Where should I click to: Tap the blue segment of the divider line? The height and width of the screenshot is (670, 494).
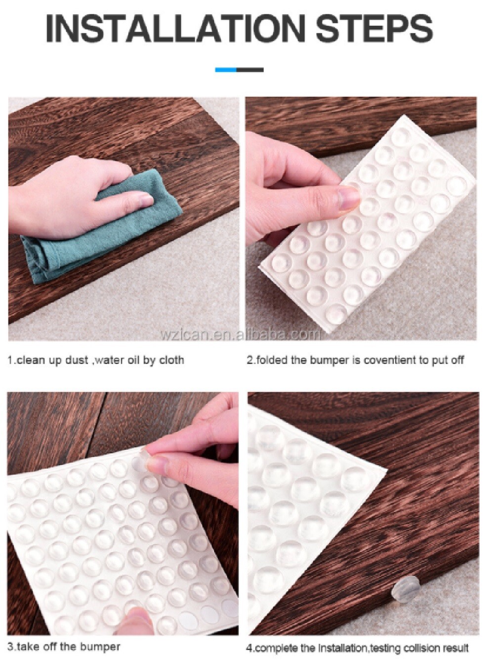coord(226,70)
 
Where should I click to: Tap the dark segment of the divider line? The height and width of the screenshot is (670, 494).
coord(250,70)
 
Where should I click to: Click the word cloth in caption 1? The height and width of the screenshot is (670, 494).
coord(171,360)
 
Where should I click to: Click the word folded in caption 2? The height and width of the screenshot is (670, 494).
coord(272,360)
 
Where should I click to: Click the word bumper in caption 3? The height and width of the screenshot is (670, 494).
coord(102,647)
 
